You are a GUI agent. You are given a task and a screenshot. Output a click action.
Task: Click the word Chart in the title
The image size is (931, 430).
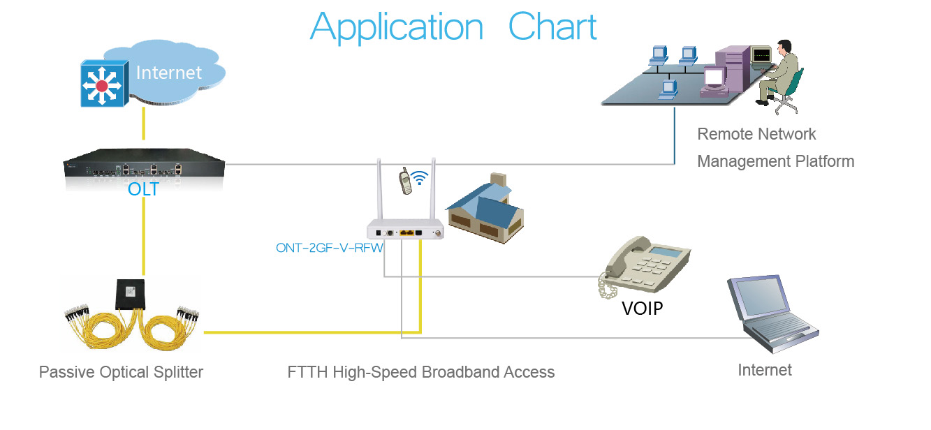(x=552, y=27)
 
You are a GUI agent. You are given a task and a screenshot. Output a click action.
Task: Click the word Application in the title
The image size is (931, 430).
(x=397, y=28)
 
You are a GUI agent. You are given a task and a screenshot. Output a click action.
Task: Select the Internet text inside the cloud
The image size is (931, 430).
(x=169, y=73)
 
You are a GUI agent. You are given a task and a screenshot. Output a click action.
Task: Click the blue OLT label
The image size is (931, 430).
(x=143, y=189)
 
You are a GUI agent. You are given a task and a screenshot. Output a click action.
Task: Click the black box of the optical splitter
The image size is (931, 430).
(x=130, y=294)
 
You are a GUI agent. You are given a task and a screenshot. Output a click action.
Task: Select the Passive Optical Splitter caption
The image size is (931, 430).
(x=121, y=372)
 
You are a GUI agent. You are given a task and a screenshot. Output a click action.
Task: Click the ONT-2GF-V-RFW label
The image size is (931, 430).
(x=329, y=248)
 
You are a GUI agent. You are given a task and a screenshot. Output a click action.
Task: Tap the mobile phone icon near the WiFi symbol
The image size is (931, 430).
(x=405, y=181)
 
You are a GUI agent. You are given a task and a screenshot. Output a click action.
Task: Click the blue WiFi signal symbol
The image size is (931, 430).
(x=420, y=177)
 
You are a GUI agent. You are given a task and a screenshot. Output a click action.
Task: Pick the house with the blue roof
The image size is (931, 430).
(x=485, y=208)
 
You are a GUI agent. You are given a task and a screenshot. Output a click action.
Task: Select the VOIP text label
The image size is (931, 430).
(x=642, y=309)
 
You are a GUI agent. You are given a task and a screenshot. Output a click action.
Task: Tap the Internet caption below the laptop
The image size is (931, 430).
(x=765, y=370)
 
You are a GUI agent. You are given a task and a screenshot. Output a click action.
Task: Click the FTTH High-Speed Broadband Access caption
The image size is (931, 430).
(x=420, y=372)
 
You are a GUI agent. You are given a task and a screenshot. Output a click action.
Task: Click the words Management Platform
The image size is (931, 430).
(x=775, y=162)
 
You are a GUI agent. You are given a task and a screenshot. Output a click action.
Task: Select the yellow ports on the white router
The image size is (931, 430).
(x=406, y=233)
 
